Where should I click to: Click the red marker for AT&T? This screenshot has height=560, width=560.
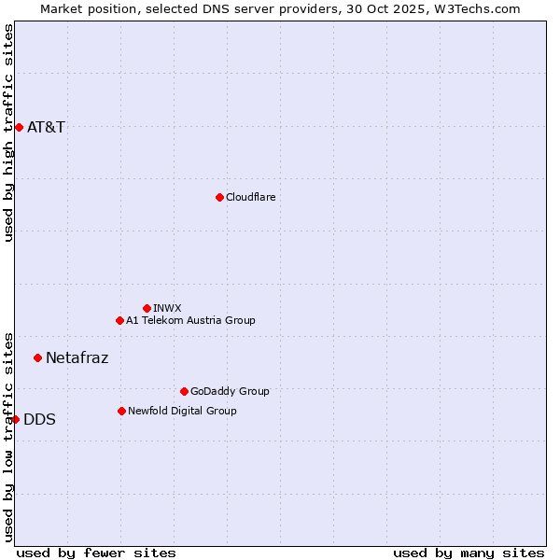pyautogui.click(x=19, y=127)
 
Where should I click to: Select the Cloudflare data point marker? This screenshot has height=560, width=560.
pyautogui.click(x=219, y=197)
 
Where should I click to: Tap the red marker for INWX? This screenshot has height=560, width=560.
pyautogui.click(x=147, y=308)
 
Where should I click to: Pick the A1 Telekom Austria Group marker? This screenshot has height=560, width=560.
pyautogui.click(x=119, y=320)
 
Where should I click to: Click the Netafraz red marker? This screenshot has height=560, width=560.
pyautogui.click(x=37, y=357)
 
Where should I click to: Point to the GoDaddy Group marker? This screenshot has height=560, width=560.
pyautogui.click(x=184, y=391)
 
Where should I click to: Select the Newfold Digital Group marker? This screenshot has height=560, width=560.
pyautogui.click(x=121, y=411)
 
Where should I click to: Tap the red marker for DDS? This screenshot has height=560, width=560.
pyautogui.click(x=15, y=419)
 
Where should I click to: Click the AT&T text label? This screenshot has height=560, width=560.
pyautogui.click(x=46, y=127)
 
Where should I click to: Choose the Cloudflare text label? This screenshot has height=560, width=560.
pyautogui.click(x=250, y=197)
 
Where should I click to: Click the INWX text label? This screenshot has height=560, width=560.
pyautogui.click(x=167, y=308)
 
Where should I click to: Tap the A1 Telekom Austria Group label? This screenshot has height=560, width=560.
pyautogui.click(x=190, y=320)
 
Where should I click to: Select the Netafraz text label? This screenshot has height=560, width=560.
pyautogui.click(x=77, y=357)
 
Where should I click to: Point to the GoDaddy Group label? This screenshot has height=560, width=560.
pyautogui.click(x=230, y=391)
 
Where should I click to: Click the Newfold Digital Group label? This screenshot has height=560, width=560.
pyautogui.click(x=182, y=411)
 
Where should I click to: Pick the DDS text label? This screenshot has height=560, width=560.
pyautogui.click(x=39, y=419)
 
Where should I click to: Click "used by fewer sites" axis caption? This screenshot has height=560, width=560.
pyautogui.click(x=96, y=553)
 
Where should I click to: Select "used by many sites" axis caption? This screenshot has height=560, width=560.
pyautogui.click(x=469, y=553)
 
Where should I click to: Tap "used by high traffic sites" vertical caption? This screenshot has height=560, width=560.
pyautogui.click(x=8, y=133)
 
